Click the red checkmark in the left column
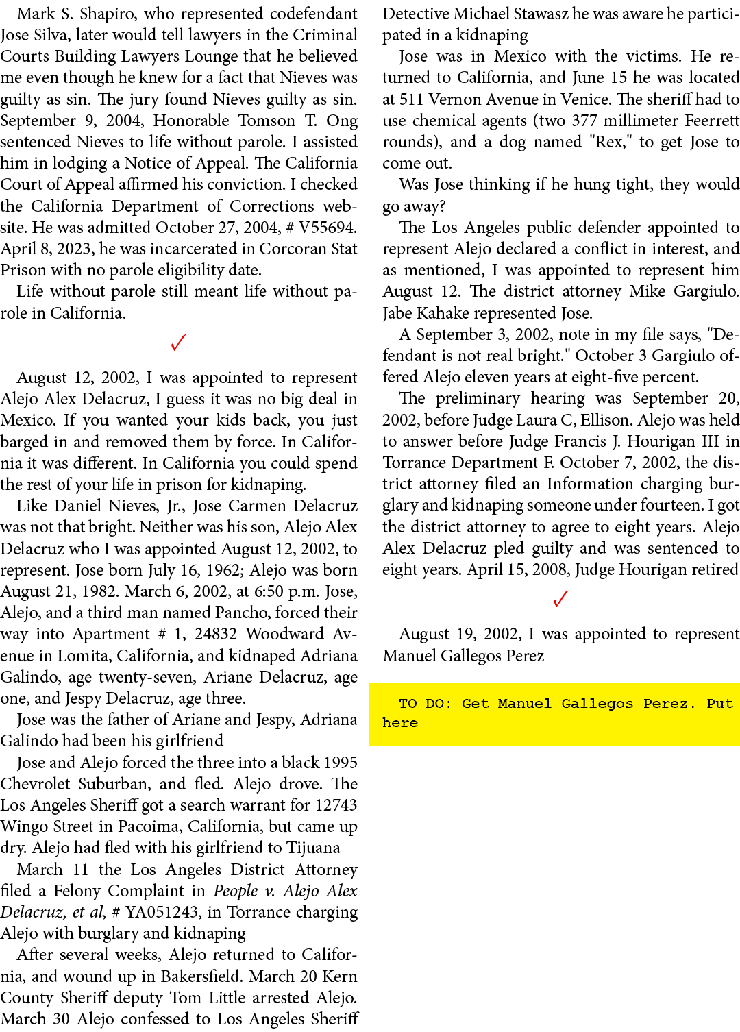pos(178,343)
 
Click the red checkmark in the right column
pos(560,599)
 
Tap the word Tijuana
pos(313,848)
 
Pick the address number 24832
pos(216,635)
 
